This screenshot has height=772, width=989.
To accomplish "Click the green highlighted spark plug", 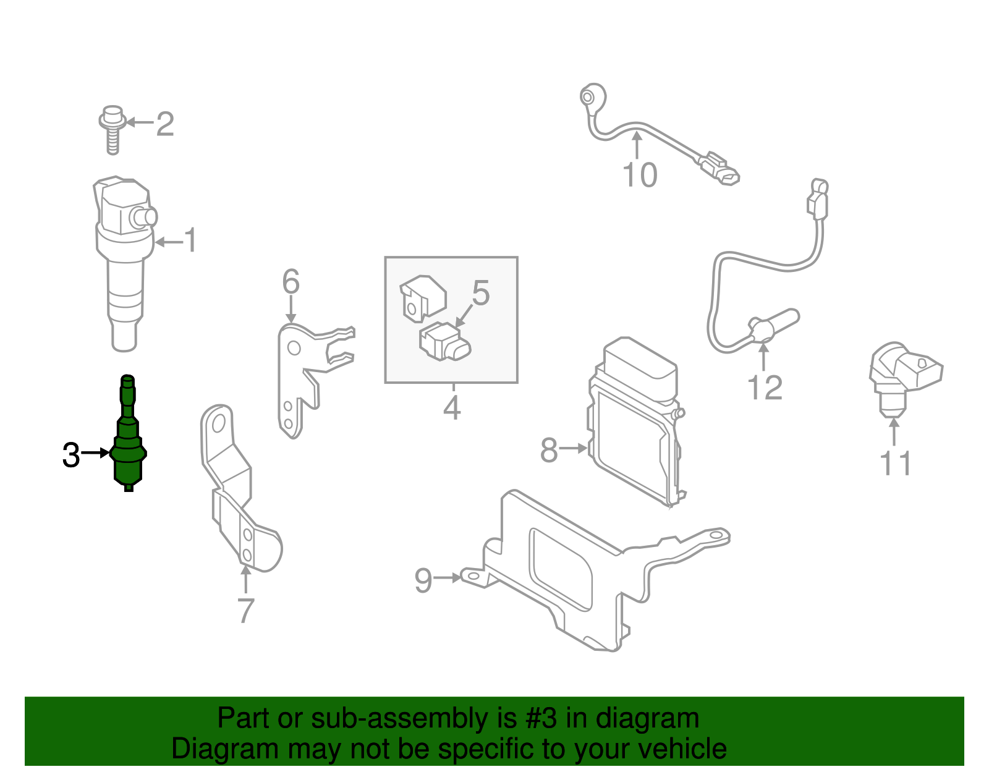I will point(128,445).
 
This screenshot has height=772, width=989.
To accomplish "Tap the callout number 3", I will point(71,456).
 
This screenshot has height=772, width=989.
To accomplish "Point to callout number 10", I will point(640,175).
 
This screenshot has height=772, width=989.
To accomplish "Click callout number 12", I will point(765,388).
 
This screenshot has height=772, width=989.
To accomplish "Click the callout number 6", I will point(291,282).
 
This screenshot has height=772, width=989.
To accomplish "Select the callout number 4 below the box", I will point(452,408).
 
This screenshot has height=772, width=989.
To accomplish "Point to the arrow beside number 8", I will point(573,448).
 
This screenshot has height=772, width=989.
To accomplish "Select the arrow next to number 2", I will point(138,122).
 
